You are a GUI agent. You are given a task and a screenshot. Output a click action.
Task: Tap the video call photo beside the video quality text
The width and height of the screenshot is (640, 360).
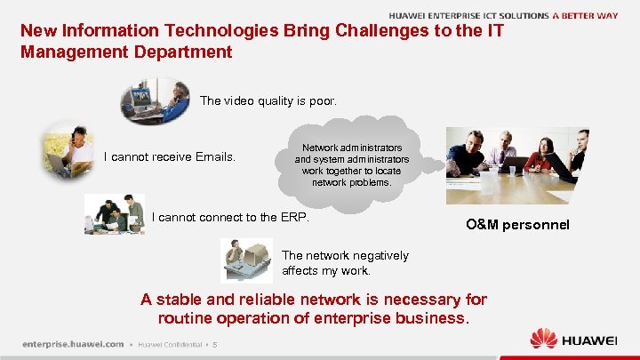pos(155,100)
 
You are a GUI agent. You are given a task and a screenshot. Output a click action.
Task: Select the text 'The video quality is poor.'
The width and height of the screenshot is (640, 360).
pos(268,101)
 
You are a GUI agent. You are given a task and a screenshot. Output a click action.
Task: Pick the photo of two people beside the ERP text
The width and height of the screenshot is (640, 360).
pos(114,214)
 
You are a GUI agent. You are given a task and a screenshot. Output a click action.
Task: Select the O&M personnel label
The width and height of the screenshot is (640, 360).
pos(516,225)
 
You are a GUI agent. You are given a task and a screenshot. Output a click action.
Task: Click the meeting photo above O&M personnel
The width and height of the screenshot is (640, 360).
pos(516,162)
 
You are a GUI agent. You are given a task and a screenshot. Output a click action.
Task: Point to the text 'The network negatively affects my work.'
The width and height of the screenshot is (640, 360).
pos(345,263)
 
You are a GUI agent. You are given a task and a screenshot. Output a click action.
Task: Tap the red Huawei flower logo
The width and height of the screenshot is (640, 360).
pos(544,339)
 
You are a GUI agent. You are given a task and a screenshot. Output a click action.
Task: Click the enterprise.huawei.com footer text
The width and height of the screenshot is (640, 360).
pos(73,344)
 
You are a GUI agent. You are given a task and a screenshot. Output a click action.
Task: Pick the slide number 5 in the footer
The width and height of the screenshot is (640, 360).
pos(214,345)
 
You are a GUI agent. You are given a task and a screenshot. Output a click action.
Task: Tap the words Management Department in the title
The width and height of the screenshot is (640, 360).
pos(125,52)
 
